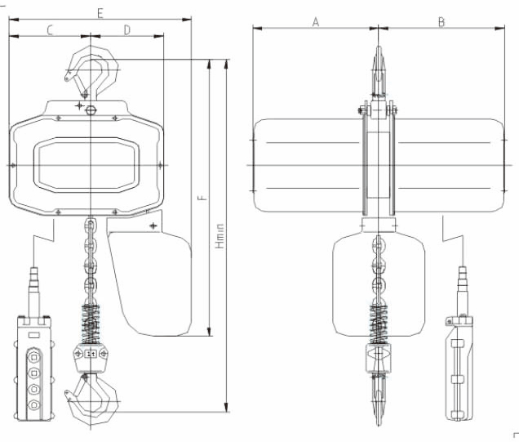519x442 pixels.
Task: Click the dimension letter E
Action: (x=99, y=14)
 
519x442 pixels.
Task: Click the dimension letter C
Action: (x=50, y=30)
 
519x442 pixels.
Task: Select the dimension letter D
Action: (x=127, y=30)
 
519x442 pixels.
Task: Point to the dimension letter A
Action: (x=316, y=22)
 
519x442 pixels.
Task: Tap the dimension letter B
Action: (x=441, y=22)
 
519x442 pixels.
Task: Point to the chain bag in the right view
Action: (x=379, y=286)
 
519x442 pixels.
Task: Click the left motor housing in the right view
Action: (x=306, y=165)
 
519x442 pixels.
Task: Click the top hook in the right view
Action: (x=379, y=69)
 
